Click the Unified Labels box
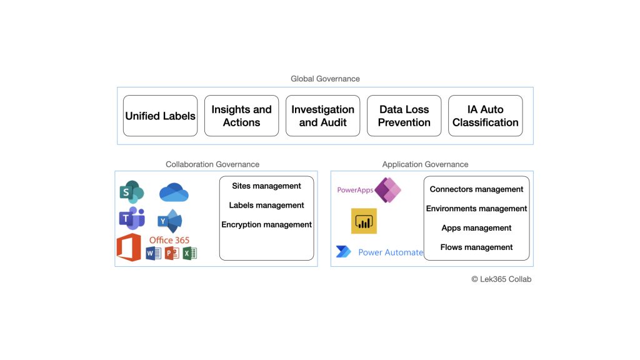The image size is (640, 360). tap(160, 116)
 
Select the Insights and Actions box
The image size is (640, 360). tap(241, 116)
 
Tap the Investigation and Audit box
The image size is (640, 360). tap(322, 116)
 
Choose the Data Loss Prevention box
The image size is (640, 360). tap(404, 116)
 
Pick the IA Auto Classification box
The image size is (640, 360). tap(485, 116)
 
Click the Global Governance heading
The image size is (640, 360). tap(325, 79)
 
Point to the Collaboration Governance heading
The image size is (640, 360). tap(212, 164)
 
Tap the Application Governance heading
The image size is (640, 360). tap(425, 164)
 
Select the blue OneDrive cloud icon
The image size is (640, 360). tap(174, 192)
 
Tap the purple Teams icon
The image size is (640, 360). tap(132, 218)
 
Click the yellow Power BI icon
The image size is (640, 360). tap(364, 221)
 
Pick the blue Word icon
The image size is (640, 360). tap(153, 253)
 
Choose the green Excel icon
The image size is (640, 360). tap(190, 253)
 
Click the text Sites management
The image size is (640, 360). tap(266, 186)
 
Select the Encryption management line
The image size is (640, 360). tap(266, 224)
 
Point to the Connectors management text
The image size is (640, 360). tap(476, 189)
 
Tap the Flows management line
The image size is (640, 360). tap(476, 247)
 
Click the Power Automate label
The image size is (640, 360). tap(390, 252)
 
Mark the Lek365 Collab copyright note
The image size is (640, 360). tap(501, 279)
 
